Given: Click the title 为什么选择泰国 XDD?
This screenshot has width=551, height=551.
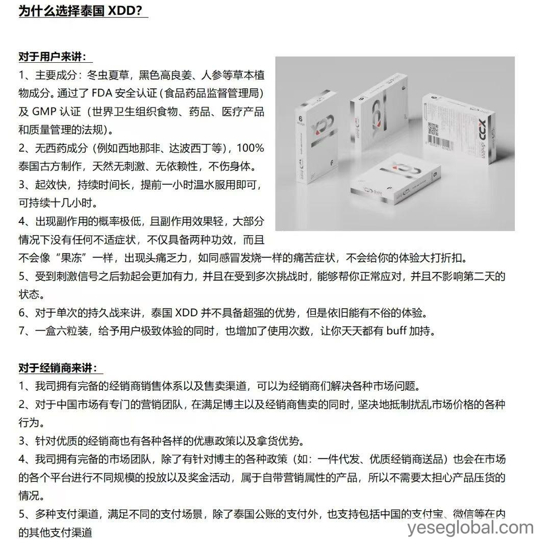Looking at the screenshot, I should pyautogui.click(x=83, y=11).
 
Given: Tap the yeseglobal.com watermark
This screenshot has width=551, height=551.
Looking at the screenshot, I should pyautogui.click(x=470, y=528).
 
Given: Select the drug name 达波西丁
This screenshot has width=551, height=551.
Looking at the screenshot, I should pyautogui.click(x=196, y=148).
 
